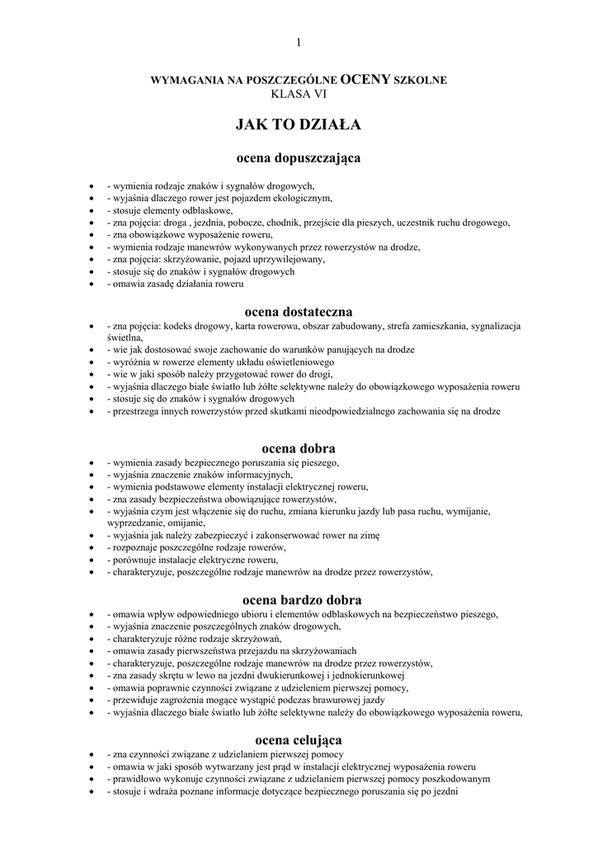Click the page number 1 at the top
(x=299, y=43)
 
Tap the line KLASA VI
(x=299, y=94)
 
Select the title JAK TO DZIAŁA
(x=299, y=125)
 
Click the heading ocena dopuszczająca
(x=299, y=157)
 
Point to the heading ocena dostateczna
(x=299, y=312)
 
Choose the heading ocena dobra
(x=299, y=448)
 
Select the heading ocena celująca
(x=299, y=739)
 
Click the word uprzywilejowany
(x=284, y=259)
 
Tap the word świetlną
(x=125, y=338)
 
